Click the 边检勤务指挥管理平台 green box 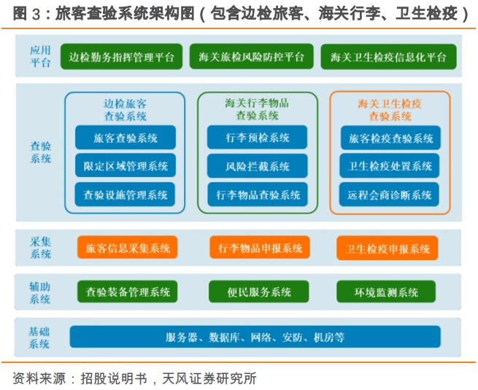pos(121,57)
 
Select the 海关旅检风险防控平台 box pos(252,56)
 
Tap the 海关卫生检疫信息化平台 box pos(389,57)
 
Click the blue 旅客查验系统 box pos(126,138)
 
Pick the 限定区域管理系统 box pos(126,165)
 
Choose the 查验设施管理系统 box pos(125,195)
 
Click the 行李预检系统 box pos(258,137)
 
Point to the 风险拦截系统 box pos(258,166)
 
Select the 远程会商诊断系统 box pos(389,195)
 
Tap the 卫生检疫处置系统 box pos(390,166)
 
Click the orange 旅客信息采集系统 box pos(128,247)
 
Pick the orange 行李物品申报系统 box pos(260,247)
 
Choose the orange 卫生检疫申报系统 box pos(388,248)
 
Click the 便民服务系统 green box pos(259,292)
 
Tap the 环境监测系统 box pos(386,292)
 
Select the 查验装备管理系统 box pos(128,292)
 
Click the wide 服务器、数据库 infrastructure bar pos(255,337)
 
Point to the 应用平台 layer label pos(40,56)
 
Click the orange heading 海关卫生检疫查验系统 pos(390,110)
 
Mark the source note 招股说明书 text pos(114,378)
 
